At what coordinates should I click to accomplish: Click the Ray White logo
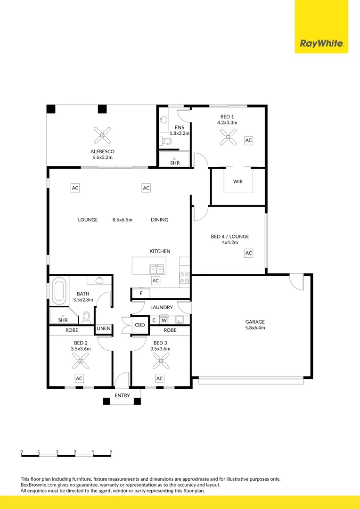point(321,44)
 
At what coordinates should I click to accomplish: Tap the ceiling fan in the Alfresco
point(103,135)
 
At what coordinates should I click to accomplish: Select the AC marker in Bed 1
point(248,140)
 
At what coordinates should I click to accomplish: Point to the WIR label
point(238,181)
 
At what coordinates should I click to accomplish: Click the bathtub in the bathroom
point(59,292)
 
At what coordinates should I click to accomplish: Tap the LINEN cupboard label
point(103,328)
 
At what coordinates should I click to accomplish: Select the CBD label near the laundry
point(140,325)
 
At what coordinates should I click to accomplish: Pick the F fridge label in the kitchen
point(140,294)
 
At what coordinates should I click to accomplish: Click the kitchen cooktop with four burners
point(184,278)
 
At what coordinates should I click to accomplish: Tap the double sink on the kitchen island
point(156,270)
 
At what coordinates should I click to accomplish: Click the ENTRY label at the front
point(122,395)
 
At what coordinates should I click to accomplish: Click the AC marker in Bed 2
point(79,378)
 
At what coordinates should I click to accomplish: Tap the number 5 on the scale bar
point(111,451)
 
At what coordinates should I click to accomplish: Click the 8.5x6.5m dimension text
point(123,220)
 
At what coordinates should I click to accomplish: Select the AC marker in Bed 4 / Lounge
point(248,254)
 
